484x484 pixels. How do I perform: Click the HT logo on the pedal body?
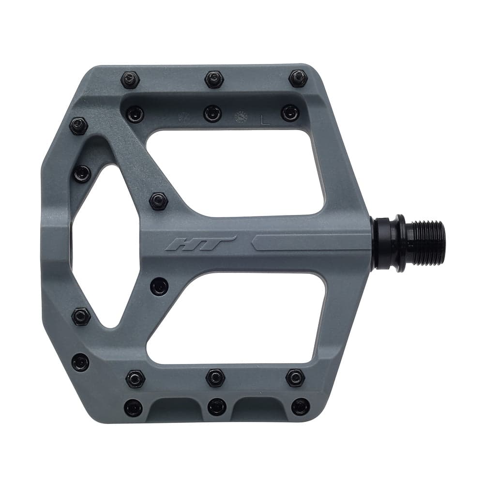coord(200,243)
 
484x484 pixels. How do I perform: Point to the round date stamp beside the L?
coord(240,118)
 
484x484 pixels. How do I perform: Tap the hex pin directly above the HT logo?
coord(158,201)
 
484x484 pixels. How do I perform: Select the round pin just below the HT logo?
coord(159,286)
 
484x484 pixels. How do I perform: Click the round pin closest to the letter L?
coord(290,113)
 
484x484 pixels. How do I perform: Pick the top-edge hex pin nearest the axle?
coord(298,78)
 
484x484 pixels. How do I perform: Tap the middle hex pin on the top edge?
coord(214,79)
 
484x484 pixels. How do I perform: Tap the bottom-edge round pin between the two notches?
coord(216,407)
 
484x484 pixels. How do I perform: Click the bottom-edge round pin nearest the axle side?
coord(301,407)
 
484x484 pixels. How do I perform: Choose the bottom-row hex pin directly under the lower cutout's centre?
coord(215,378)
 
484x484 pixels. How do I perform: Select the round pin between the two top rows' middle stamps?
coord(212,114)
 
